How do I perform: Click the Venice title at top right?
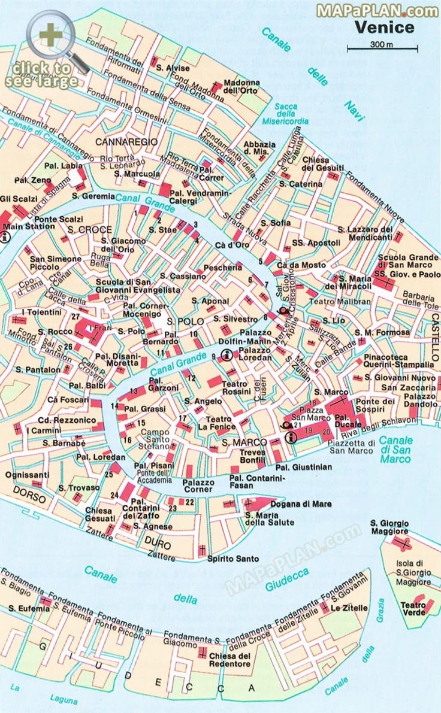click(383, 28)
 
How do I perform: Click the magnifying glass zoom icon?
click(51, 35)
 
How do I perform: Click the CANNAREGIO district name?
click(126, 142)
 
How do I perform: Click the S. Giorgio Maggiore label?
click(389, 527)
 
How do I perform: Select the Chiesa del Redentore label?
click(229, 660)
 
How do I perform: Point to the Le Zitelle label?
click(349, 608)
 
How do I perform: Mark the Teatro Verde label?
click(413, 608)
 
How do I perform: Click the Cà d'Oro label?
click(232, 245)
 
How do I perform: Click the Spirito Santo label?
click(233, 559)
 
